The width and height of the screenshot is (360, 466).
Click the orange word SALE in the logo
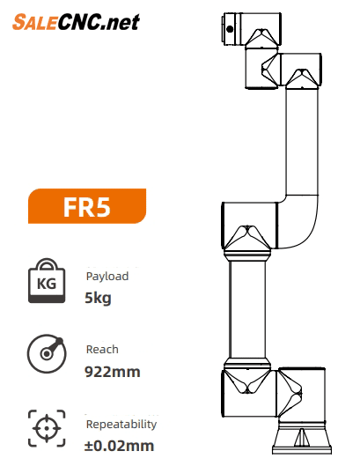[34, 22]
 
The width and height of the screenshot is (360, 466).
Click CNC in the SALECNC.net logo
[78, 22]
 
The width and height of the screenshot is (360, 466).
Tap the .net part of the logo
[120, 23]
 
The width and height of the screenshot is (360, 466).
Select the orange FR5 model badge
[87, 206]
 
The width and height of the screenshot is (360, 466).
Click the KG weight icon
[47, 281]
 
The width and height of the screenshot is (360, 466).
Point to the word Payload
[107, 277]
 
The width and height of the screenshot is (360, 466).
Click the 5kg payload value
[98, 298]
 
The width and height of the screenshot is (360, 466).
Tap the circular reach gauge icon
[47, 353]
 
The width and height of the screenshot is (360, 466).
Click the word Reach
[102, 350]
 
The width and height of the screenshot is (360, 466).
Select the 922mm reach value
[113, 372]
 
